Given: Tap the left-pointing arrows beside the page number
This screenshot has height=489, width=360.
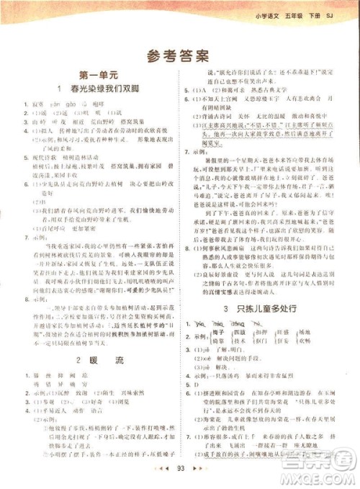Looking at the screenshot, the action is pos(162,469).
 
